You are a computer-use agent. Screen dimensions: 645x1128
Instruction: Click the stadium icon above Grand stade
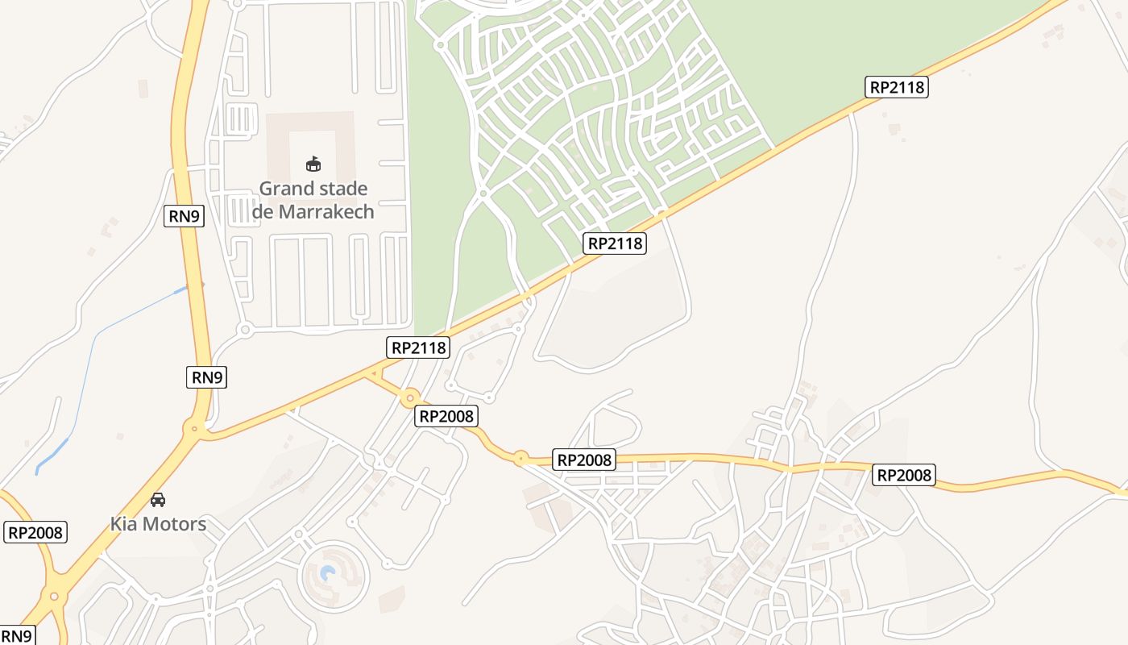pos(313,164)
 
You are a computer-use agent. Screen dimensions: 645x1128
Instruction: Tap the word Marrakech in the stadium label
pos(327,212)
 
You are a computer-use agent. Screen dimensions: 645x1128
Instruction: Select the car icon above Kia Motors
pos(158,500)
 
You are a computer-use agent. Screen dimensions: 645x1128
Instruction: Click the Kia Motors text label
pos(158,524)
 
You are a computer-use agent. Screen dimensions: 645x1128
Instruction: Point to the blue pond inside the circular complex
pos(328,574)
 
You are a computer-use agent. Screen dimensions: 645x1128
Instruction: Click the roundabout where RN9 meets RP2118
pos(194,429)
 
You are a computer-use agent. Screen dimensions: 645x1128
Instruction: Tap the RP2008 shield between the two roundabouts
pos(447,416)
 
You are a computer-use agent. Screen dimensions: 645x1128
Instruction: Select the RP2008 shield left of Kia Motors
pos(35,532)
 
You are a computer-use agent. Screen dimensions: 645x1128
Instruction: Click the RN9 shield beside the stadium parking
pos(184,216)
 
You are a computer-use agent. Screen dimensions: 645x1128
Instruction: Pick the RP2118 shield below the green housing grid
pos(615,243)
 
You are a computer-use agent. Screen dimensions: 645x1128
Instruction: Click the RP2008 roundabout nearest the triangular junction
pos(410,397)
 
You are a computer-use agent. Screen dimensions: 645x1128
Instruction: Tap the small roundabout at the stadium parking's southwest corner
pos(245,329)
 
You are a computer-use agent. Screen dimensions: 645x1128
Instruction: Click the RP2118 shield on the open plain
pos(897,87)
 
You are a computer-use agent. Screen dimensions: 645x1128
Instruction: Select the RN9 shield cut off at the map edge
pos(16,635)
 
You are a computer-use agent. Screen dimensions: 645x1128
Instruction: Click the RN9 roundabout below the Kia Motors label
pos(55,597)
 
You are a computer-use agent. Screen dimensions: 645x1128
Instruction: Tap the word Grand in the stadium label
pos(284,189)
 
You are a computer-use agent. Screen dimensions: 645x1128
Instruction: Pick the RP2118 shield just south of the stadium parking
pos(418,347)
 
